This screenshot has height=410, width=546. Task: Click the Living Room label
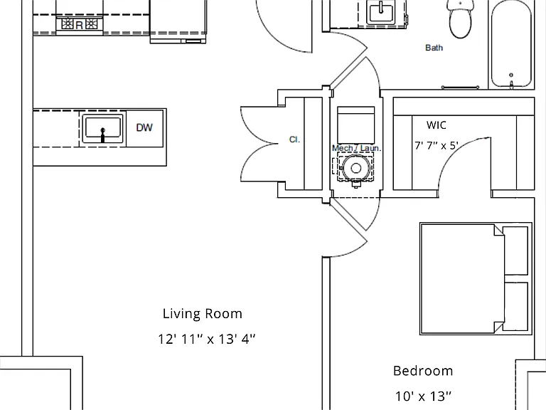pyautogui.click(x=203, y=313)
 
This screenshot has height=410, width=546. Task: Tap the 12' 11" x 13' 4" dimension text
pyautogui.click(x=207, y=339)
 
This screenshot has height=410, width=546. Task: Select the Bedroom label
pyautogui.click(x=423, y=371)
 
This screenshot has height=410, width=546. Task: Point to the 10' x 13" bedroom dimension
pyautogui.click(x=423, y=396)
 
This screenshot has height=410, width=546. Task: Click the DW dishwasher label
pyautogui.click(x=144, y=127)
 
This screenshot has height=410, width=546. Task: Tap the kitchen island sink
pyautogui.click(x=102, y=128)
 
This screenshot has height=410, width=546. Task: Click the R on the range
pyautogui.click(x=80, y=25)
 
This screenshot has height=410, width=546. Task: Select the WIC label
pyautogui.click(x=437, y=125)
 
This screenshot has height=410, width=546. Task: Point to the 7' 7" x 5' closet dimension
pyautogui.click(x=437, y=145)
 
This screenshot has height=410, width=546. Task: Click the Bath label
pyautogui.click(x=434, y=48)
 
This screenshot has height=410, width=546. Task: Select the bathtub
pyautogui.click(x=511, y=45)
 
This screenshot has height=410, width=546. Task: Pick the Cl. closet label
pyautogui.click(x=294, y=140)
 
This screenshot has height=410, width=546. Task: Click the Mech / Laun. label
pyautogui.click(x=357, y=148)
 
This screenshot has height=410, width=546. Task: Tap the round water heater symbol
pyautogui.click(x=355, y=169)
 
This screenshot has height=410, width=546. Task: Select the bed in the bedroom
pyautogui.click(x=476, y=278)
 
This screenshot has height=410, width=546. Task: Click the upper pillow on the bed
pyautogui.click(x=515, y=251)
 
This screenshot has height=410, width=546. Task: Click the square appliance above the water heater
pyautogui.click(x=356, y=125)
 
